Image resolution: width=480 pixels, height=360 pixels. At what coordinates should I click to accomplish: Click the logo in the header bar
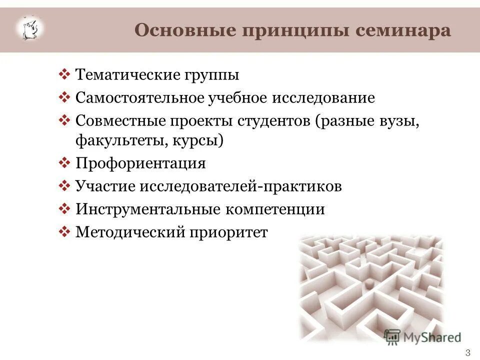30,28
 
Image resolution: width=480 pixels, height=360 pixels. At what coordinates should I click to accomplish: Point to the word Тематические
127,75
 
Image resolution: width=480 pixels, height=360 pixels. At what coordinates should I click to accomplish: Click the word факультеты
115,140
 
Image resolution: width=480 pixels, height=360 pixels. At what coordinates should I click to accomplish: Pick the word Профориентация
140,164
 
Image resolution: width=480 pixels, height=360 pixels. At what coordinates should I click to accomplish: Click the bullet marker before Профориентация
64,163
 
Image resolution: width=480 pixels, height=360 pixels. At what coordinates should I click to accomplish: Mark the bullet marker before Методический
64,231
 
